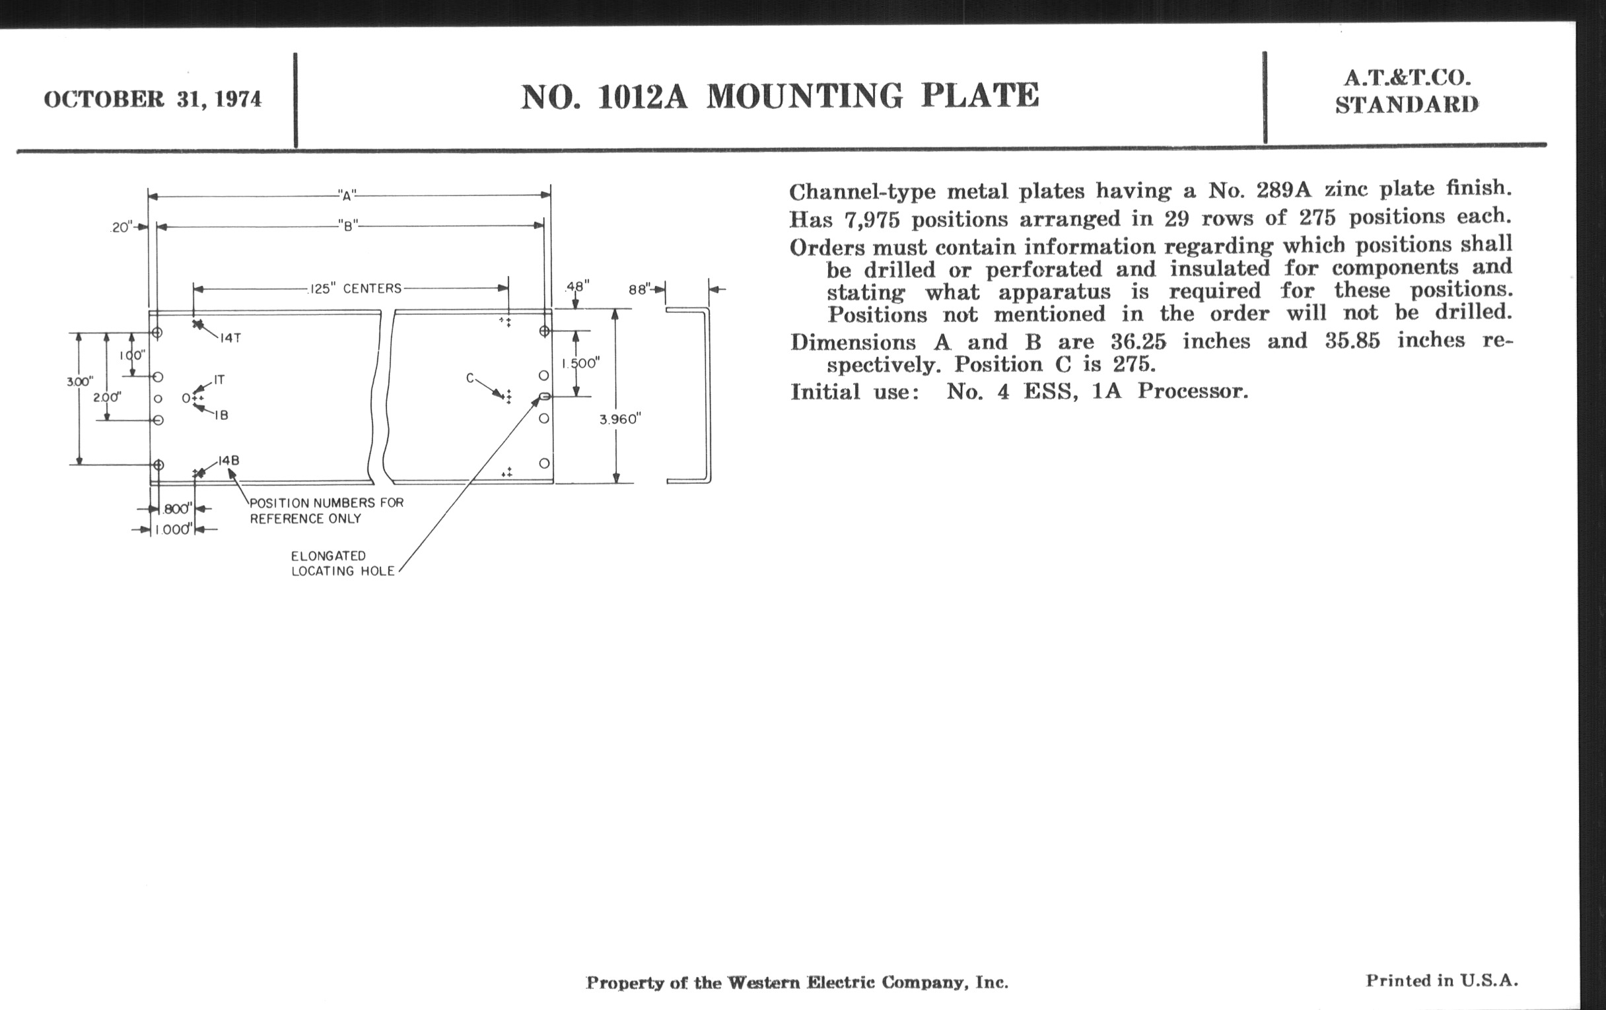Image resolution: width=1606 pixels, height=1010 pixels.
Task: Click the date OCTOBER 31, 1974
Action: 153,99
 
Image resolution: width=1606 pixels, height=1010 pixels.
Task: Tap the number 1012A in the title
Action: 643,97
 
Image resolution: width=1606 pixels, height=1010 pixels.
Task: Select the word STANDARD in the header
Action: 1407,106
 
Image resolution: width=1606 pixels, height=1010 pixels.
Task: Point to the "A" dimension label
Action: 347,195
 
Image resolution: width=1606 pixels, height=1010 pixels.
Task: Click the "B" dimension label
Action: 347,226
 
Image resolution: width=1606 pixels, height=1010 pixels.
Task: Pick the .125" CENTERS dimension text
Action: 355,288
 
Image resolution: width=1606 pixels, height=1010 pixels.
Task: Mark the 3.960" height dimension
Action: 620,419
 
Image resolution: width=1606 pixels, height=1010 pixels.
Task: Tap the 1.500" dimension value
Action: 580,363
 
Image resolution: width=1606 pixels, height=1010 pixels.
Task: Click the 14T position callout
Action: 230,338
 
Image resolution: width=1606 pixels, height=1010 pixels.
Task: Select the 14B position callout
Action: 228,461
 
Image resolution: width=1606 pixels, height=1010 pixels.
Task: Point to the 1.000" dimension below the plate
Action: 173,530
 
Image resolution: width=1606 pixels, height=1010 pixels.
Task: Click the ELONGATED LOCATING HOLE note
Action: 342,563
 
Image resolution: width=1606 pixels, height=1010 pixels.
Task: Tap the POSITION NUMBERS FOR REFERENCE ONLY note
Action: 326,511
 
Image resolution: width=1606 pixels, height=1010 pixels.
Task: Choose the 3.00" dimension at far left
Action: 79,382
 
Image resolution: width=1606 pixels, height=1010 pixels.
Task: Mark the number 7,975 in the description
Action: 872,220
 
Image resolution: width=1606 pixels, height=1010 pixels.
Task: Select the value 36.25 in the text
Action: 1138,342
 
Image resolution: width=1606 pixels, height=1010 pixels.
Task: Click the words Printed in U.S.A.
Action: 1442,981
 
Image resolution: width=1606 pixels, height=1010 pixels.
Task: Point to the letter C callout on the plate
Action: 470,378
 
